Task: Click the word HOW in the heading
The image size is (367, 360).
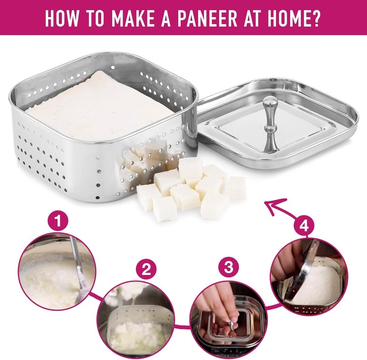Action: coord(62,18)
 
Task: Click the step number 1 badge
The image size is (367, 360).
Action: coord(58,221)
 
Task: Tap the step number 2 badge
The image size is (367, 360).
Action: coord(146,270)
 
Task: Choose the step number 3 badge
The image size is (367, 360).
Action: coord(228,267)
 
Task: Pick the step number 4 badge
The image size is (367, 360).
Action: coord(304,226)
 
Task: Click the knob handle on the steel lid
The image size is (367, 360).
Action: coord(270,123)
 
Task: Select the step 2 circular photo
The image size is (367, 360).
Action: coord(136,321)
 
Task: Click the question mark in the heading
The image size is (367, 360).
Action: coord(316,18)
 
